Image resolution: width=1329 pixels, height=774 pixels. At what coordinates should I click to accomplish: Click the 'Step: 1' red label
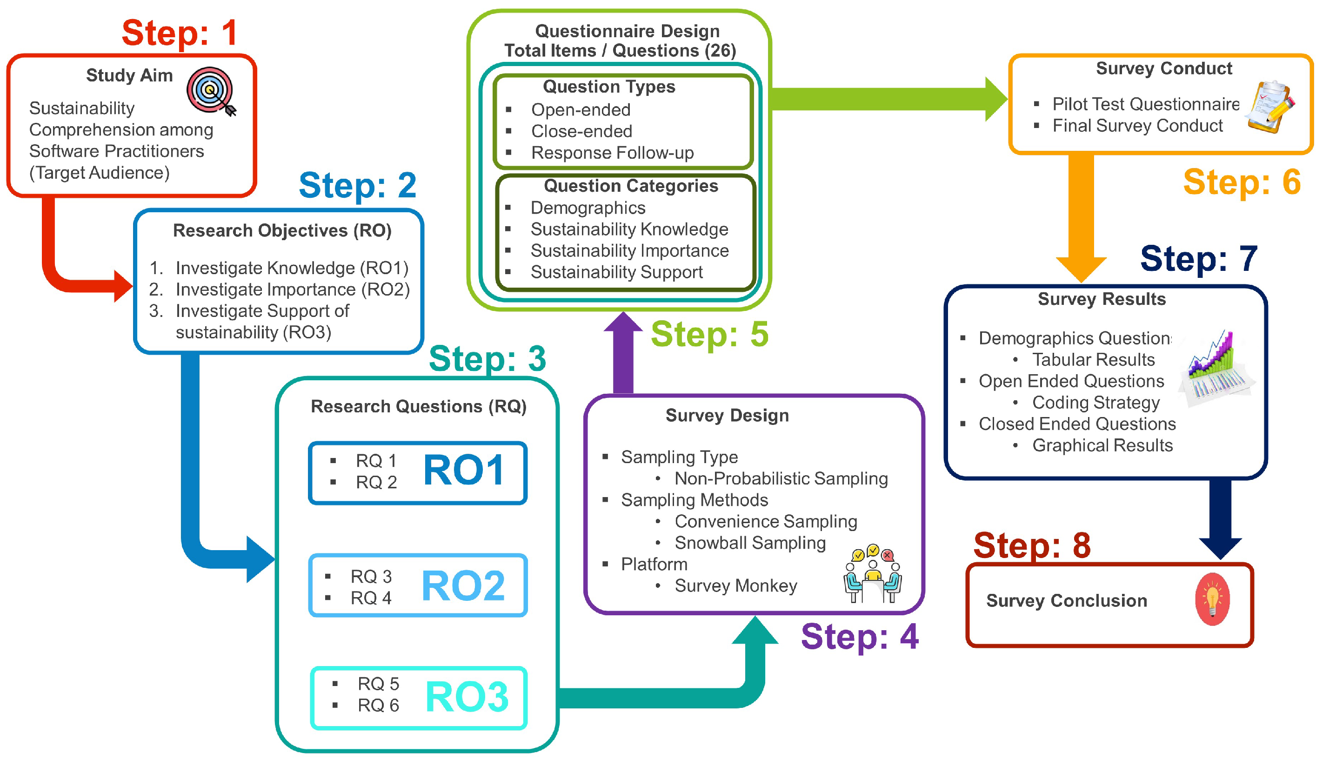tap(179, 33)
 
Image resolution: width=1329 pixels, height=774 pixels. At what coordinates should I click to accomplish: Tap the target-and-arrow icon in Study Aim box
tap(211, 91)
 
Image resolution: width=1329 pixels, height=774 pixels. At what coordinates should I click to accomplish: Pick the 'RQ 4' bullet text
tap(371, 598)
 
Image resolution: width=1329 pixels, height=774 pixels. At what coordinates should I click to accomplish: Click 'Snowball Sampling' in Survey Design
tap(750, 542)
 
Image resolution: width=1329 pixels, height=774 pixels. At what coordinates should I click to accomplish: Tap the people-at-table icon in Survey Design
tap(872, 573)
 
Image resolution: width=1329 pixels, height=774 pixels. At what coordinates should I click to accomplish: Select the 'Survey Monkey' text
tap(736, 586)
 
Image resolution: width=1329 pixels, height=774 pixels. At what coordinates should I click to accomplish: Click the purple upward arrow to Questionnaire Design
tap(623, 354)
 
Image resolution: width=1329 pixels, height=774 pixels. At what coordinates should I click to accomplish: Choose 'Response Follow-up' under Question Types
tap(612, 153)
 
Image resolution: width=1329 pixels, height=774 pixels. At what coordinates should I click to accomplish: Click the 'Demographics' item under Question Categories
tap(588, 208)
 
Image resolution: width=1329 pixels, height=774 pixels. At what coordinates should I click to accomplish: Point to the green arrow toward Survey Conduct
tap(886, 99)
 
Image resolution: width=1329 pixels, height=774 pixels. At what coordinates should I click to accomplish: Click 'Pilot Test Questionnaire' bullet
tap(1145, 104)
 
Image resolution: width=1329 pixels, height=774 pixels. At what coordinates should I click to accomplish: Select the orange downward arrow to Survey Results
tap(1081, 216)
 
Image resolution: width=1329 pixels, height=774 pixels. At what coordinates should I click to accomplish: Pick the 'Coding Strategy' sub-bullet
tap(1095, 402)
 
